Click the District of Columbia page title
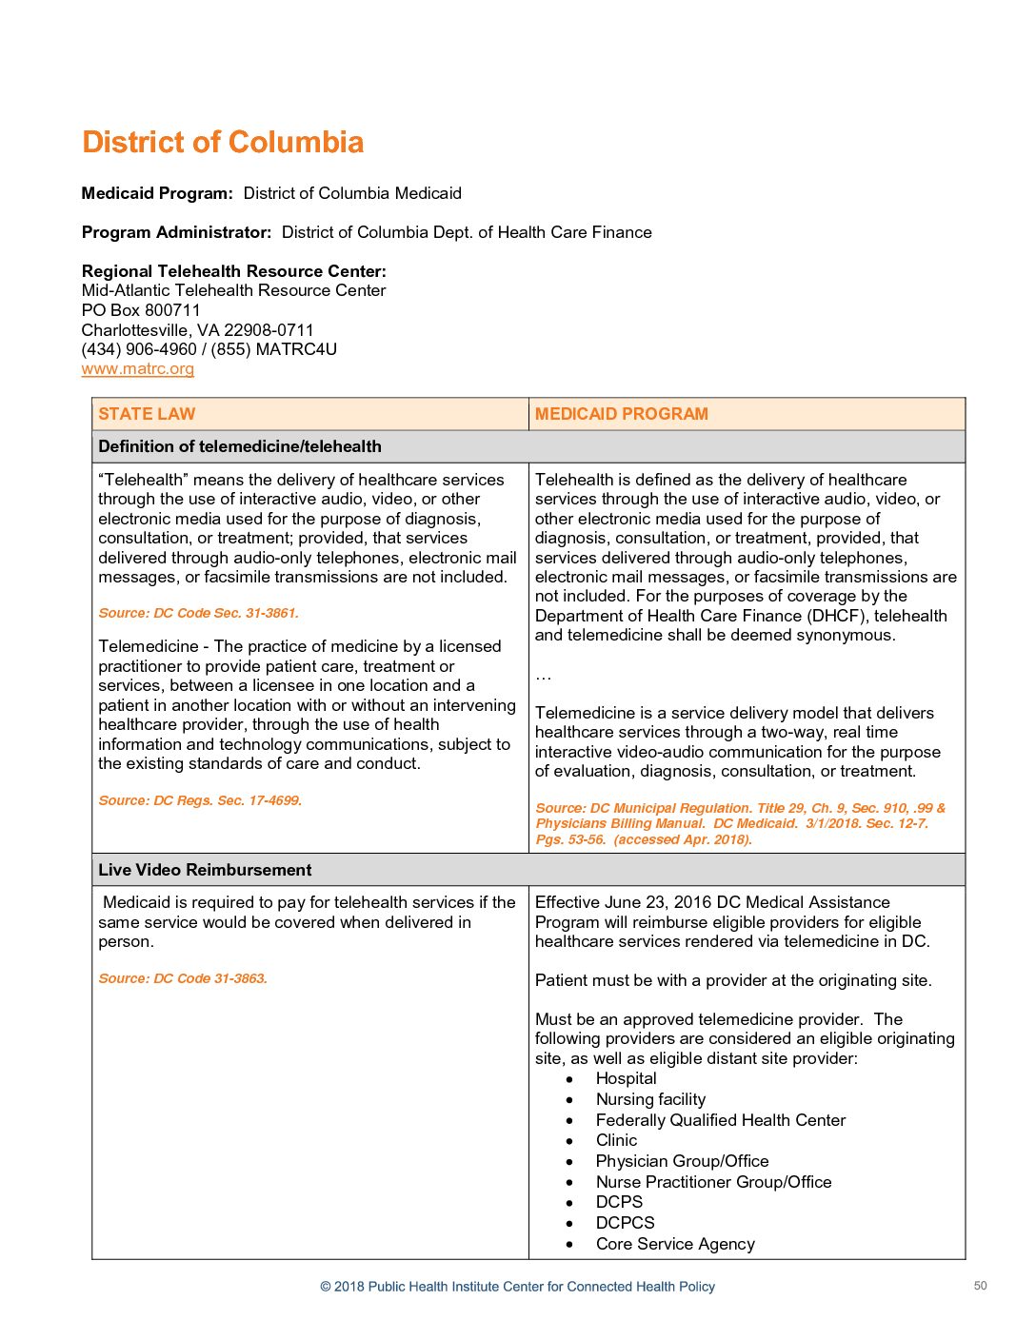click(223, 142)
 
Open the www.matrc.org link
click(138, 368)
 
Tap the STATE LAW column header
click(147, 414)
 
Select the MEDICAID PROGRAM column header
click(621, 414)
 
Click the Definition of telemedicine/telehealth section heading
click(240, 446)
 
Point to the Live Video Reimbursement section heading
click(205, 870)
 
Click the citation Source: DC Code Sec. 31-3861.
click(198, 613)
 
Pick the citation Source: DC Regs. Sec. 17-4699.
click(200, 800)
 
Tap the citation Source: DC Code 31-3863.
click(183, 978)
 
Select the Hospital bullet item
click(626, 1078)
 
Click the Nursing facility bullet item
click(650, 1099)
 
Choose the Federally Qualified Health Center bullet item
click(720, 1120)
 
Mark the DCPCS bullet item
click(625, 1223)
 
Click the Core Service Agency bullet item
click(674, 1244)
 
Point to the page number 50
click(980, 1286)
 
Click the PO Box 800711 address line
click(141, 310)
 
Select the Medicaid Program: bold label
click(157, 193)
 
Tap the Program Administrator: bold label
click(176, 232)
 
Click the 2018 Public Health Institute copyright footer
click(517, 1287)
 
